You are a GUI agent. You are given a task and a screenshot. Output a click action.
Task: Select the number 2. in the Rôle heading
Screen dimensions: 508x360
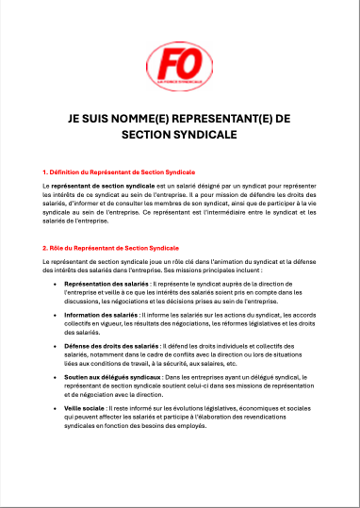(x=46, y=247)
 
